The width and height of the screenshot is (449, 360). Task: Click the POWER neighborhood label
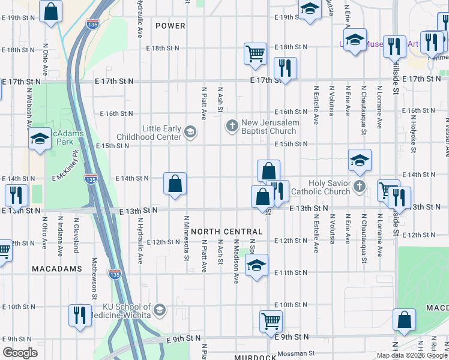170,26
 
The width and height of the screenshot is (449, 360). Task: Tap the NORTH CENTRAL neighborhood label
227,232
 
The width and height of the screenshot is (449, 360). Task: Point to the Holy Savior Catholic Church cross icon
360,186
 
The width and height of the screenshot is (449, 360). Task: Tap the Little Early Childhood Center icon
190,132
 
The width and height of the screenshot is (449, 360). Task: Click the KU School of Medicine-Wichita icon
159,310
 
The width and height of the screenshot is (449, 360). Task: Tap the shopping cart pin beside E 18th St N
255,52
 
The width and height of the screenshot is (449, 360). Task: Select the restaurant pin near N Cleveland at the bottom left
79,315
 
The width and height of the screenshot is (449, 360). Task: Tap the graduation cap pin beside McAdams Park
40,139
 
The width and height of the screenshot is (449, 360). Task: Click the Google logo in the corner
20,353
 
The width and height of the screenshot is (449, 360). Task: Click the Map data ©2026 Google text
412,355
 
